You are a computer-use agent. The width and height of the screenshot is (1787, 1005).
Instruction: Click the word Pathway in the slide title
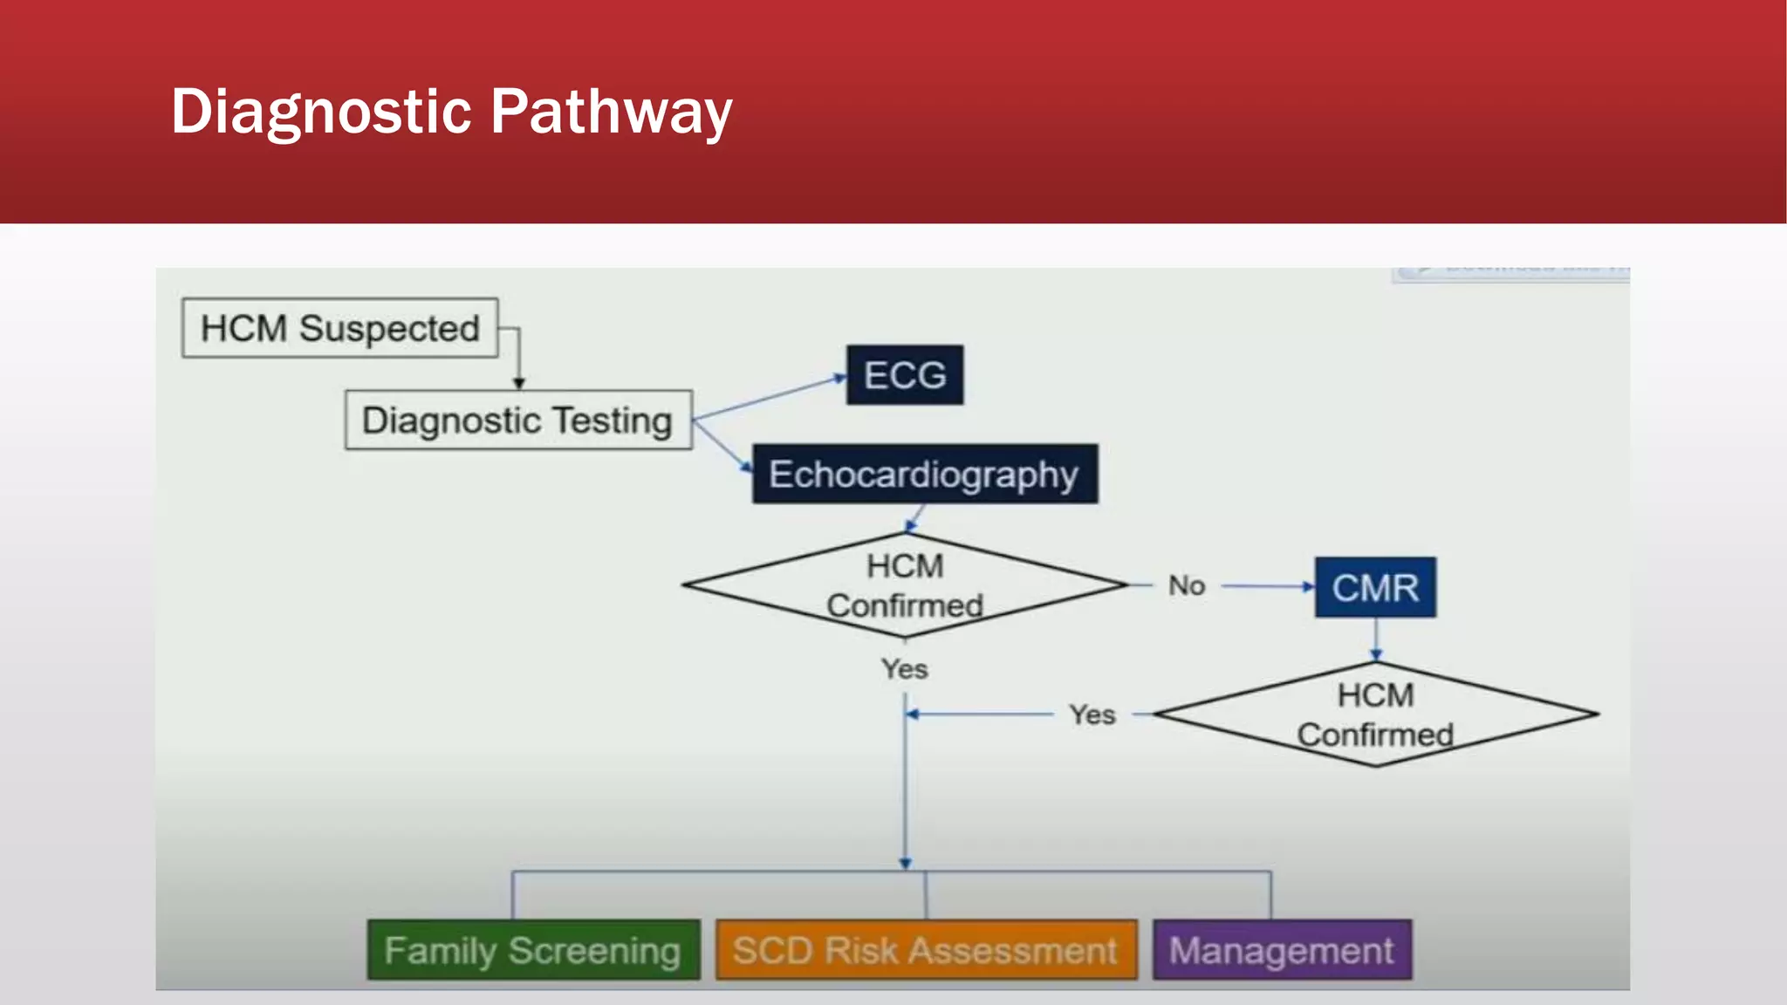point(611,112)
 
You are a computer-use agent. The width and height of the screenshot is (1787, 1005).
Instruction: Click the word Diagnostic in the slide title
point(321,112)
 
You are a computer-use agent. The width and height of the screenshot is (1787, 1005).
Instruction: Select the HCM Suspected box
point(339,328)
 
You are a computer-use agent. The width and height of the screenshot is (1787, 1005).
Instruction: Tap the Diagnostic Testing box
point(518,420)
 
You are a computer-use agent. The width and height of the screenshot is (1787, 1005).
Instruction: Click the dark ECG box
point(905,375)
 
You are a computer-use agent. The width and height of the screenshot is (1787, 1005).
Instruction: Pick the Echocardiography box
point(925,475)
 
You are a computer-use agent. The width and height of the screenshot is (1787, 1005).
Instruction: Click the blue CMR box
point(1375,587)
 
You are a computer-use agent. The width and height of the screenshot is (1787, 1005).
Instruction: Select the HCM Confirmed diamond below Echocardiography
point(905,585)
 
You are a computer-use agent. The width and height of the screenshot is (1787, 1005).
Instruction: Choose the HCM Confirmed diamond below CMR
point(1375,714)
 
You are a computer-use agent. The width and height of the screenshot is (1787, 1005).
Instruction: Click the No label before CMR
point(1187,585)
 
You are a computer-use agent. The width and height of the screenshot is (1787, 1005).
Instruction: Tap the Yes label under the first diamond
point(904,669)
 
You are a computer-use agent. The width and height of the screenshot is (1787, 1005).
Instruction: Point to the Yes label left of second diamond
point(1092,714)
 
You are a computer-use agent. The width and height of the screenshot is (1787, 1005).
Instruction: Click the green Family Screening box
point(533,950)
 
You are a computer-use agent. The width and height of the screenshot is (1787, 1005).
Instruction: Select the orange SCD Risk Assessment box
point(926,950)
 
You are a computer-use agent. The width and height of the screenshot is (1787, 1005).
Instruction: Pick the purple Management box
point(1282,950)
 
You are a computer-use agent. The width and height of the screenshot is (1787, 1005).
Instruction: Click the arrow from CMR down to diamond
point(1376,639)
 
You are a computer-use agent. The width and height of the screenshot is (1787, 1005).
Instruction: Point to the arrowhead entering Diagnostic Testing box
point(519,383)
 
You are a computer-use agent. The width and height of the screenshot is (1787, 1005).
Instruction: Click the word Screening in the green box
point(594,950)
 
